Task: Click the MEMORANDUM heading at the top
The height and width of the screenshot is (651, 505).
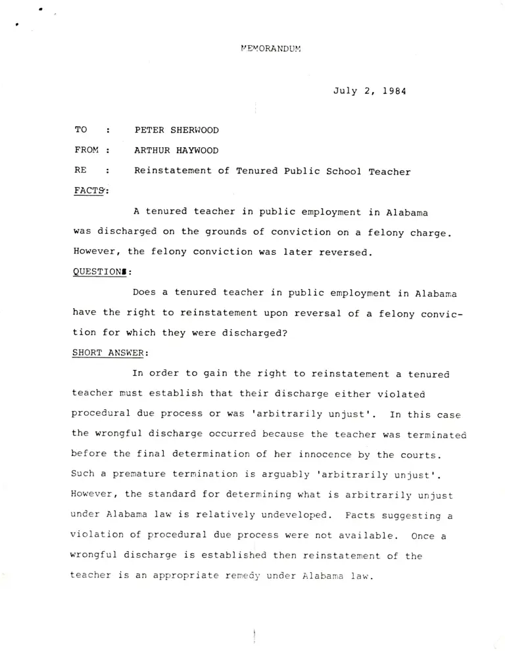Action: pos(271,48)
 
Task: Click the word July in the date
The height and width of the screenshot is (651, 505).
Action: pos(345,91)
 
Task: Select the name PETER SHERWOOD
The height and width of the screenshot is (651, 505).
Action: pos(176,130)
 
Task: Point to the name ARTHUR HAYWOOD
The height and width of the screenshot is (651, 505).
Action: pos(176,150)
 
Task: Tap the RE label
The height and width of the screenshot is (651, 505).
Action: pos(82,171)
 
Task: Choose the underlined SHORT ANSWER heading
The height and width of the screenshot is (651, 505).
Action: pos(107,353)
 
